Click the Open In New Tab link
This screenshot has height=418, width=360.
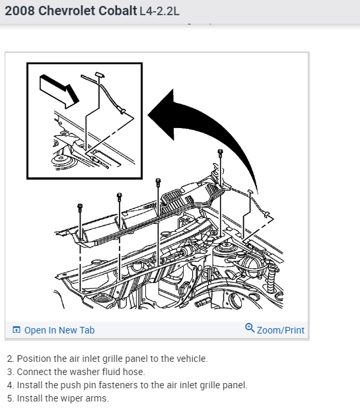pyautogui.click(x=59, y=330)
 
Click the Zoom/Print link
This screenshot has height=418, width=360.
pyautogui.click(x=281, y=330)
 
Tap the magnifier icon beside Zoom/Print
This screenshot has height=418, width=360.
pyautogui.click(x=250, y=328)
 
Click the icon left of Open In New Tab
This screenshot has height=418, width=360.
pyautogui.click(x=17, y=330)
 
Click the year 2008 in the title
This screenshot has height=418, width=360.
pyautogui.click(x=20, y=11)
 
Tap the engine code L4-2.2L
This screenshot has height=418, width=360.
pyautogui.click(x=159, y=11)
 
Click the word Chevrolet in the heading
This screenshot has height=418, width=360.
pyautogui.click(x=67, y=11)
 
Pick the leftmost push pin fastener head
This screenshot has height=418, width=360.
pyautogui.click(x=80, y=207)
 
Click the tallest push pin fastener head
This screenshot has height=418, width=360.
pyautogui.click(x=220, y=153)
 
